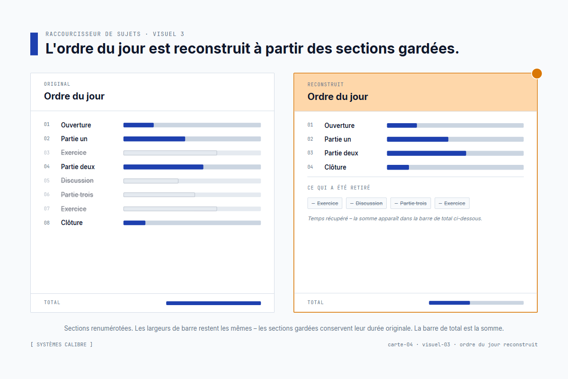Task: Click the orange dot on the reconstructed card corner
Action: click(x=537, y=73)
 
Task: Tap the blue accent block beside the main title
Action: click(x=34, y=44)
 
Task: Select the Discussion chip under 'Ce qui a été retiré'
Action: click(x=366, y=203)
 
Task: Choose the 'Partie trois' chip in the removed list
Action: click(x=410, y=203)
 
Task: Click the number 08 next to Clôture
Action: click(x=47, y=223)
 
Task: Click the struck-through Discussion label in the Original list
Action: click(x=77, y=180)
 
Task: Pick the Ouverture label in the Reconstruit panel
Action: click(x=339, y=126)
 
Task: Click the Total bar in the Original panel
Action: click(x=213, y=303)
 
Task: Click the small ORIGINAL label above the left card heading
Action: click(x=57, y=84)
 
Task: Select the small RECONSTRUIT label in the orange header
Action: click(x=326, y=84)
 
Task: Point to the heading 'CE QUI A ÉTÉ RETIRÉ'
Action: click(x=339, y=188)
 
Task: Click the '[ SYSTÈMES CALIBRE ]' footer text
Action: click(x=62, y=344)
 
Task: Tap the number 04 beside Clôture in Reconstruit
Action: click(x=310, y=167)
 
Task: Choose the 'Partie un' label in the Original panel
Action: click(x=74, y=139)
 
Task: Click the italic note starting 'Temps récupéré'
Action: click(x=395, y=218)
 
